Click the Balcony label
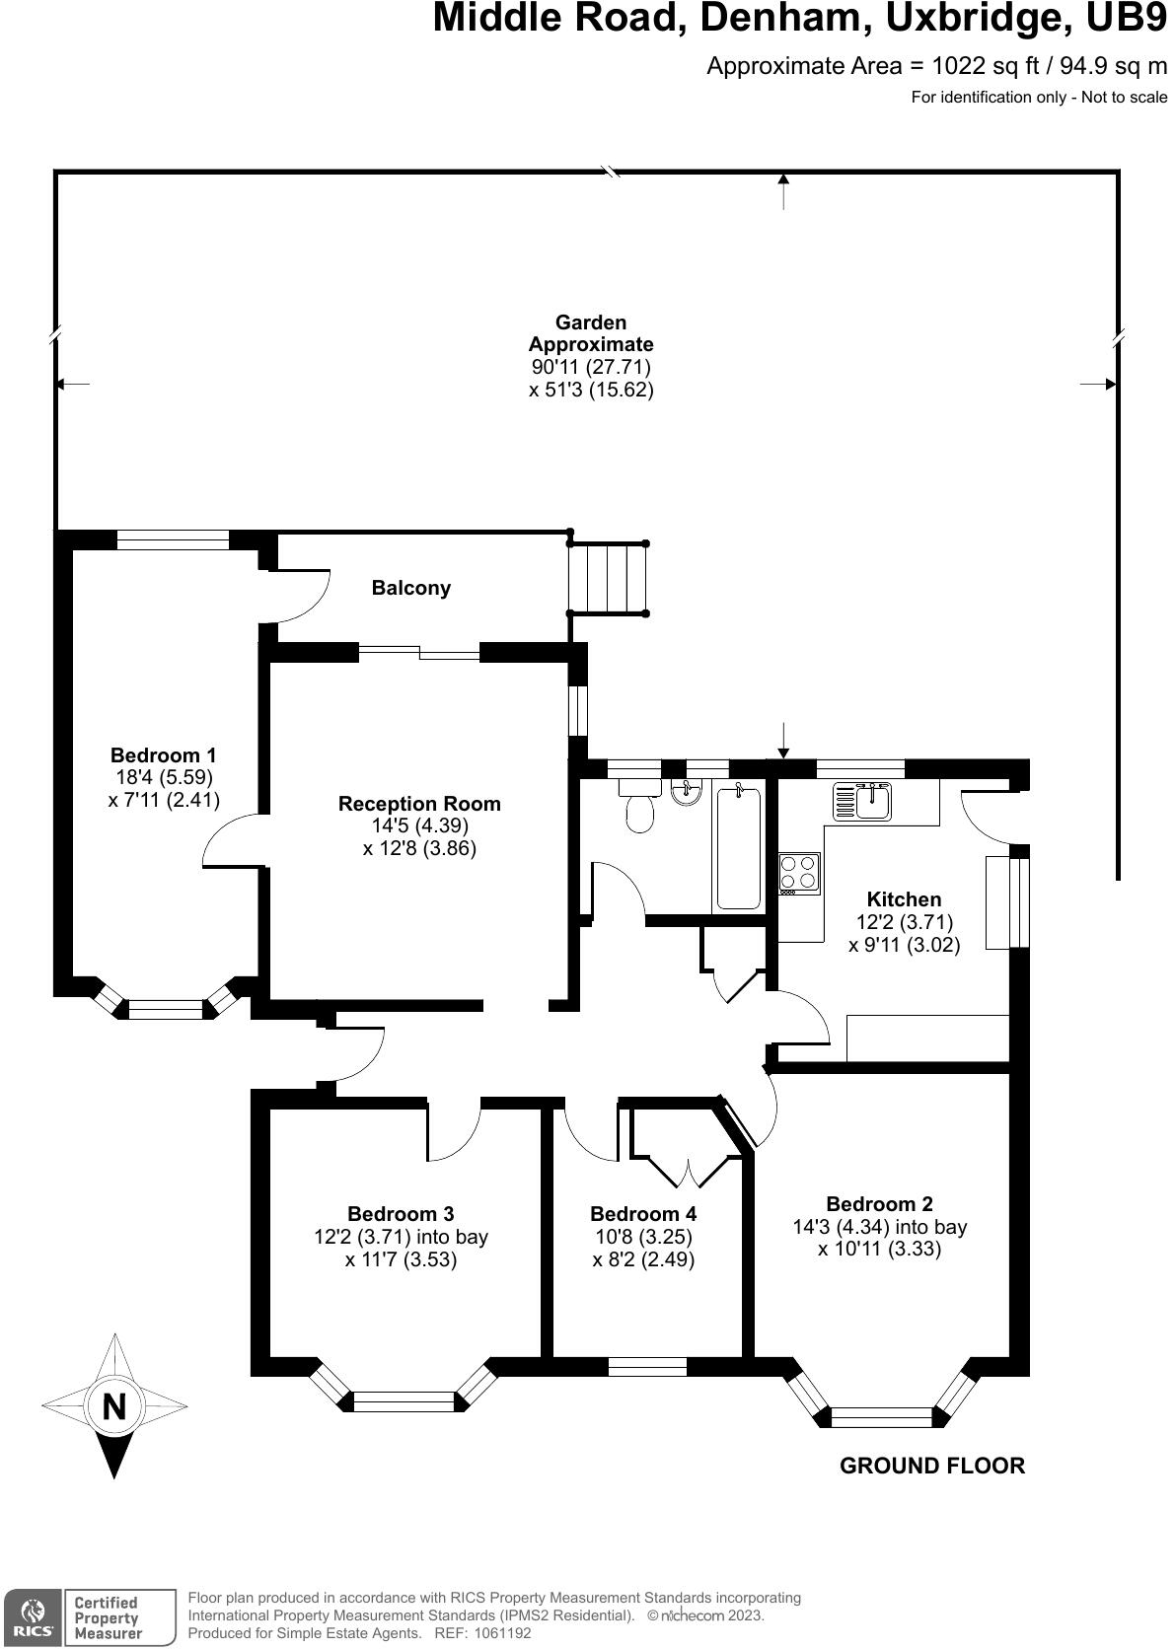pyautogui.click(x=410, y=588)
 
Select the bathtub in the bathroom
pyautogui.click(x=738, y=846)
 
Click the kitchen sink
pyautogui.click(x=862, y=802)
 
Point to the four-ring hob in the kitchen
pyautogui.click(x=799, y=873)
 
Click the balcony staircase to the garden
pyautogui.click(x=608, y=578)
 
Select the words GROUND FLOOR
pyautogui.click(x=932, y=1465)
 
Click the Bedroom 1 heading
pyautogui.click(x=164, y=755)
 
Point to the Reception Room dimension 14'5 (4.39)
pyautogui.click(x=419, y=825)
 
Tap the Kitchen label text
pyautogui.click(x=904, y=898)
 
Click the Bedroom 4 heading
pyautogui.click(x=643, y=1213)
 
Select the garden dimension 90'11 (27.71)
pyautogui.click(x=591, y=366)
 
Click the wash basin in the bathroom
pyautogui.click(x=687, y=791)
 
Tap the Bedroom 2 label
pyautogui.click(x=879, y=1203)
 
